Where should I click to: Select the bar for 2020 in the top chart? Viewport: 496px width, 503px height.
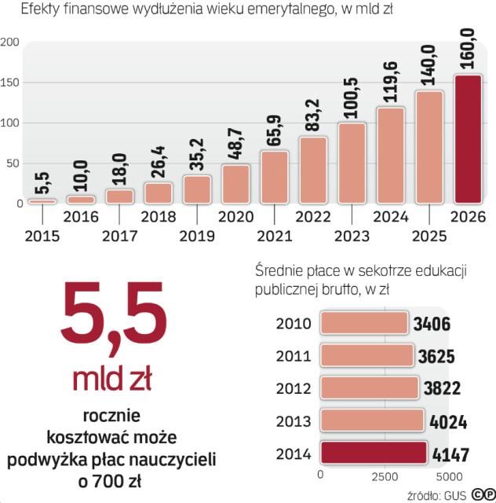pos(235,184)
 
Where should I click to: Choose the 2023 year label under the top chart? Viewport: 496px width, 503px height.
pos(352,235)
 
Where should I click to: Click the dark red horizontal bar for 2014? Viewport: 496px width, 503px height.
pos(374,453)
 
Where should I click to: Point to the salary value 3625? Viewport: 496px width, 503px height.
pos(436,358)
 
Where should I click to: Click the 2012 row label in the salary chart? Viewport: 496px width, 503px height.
pos(294,389)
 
